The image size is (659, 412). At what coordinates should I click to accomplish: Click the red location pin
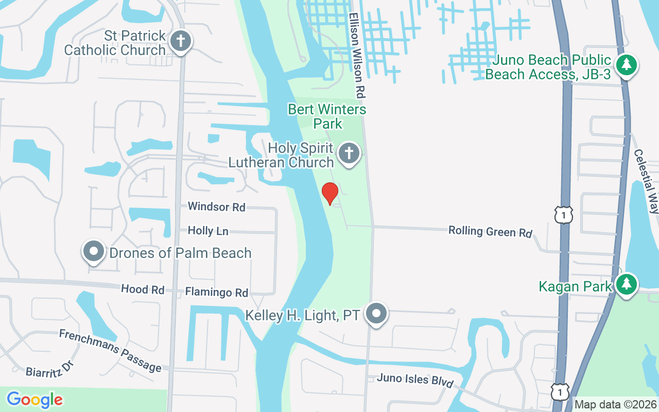click(x=330, y=193)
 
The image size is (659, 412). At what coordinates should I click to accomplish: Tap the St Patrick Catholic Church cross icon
click(x=181, y=41)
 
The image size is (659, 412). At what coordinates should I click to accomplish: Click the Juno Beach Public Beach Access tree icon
click(x=627, y=65)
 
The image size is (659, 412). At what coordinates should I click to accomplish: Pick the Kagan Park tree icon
click(x=626, y=284)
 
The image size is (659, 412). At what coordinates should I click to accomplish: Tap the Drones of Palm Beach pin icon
click(x=94, y=252)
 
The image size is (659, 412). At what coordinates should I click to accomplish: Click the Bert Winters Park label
click(x=327, y=116)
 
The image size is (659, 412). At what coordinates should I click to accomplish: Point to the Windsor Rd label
click(x=216, y=207)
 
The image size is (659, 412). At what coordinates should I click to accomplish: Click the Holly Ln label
click(x=208, y=231)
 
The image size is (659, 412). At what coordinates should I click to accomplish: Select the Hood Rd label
click(x=143, y=289)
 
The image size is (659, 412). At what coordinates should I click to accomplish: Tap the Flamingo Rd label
click(x=216, y=293)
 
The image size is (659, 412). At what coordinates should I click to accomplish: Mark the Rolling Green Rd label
click(x=490, y=231)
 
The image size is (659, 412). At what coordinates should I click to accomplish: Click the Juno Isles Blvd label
click(x=415, y=380)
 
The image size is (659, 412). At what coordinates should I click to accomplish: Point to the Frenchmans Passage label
click(x=110, y=350)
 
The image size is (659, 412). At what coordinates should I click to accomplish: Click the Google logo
click(x=35, y=400)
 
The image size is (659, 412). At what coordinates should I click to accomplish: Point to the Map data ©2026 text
click(x=616, y=405)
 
